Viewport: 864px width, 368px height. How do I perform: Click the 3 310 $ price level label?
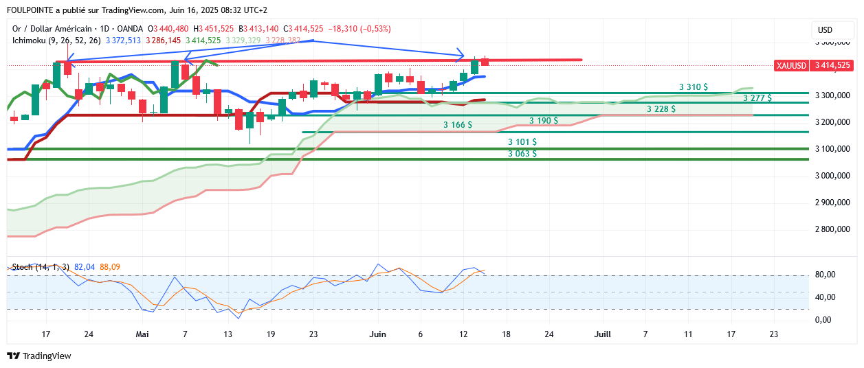(x=694, y=87)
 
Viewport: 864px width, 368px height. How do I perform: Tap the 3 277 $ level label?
(x=757, y=98)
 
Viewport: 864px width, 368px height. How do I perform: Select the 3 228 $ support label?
(x=661, y=109)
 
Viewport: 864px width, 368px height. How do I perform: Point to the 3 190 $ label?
(x=544, y=121)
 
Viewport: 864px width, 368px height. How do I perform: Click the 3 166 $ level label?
(x=458, y=125)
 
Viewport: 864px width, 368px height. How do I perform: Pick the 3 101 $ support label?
(x=522, y=142)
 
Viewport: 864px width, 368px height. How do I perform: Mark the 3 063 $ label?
(x=522, y=154)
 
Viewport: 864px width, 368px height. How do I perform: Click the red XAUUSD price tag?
(x=813, y=65)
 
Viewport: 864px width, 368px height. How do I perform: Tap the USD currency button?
(x=825, y=30)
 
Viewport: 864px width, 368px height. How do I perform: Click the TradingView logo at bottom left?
(x=39, y=356)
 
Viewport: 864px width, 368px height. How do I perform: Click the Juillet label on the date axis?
(x=603, y=334)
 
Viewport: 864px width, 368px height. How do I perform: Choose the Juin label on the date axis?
(x=377, y=334)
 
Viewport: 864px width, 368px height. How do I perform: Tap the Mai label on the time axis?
(x=142, y=334)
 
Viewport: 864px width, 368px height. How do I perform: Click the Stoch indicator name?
(x=23, y=267)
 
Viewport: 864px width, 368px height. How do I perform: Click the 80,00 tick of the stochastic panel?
(x=825, y=275)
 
